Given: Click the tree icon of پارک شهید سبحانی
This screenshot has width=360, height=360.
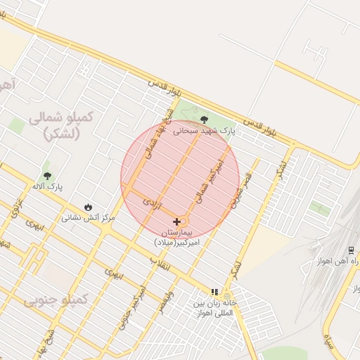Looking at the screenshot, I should point(204,120).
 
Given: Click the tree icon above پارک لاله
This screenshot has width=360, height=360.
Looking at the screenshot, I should point(48,176).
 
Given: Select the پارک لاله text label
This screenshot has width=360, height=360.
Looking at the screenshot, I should point(47,187).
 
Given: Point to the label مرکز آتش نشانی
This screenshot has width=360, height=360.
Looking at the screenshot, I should point(88,217).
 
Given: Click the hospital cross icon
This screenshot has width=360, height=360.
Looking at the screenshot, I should point(176,221).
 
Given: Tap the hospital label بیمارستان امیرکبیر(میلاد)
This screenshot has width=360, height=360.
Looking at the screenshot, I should point(177,236).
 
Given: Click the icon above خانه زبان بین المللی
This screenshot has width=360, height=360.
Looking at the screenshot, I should point(214,292).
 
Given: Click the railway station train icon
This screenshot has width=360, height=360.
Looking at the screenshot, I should point(351,250).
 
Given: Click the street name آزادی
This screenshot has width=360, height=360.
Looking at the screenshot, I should point(152,205).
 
